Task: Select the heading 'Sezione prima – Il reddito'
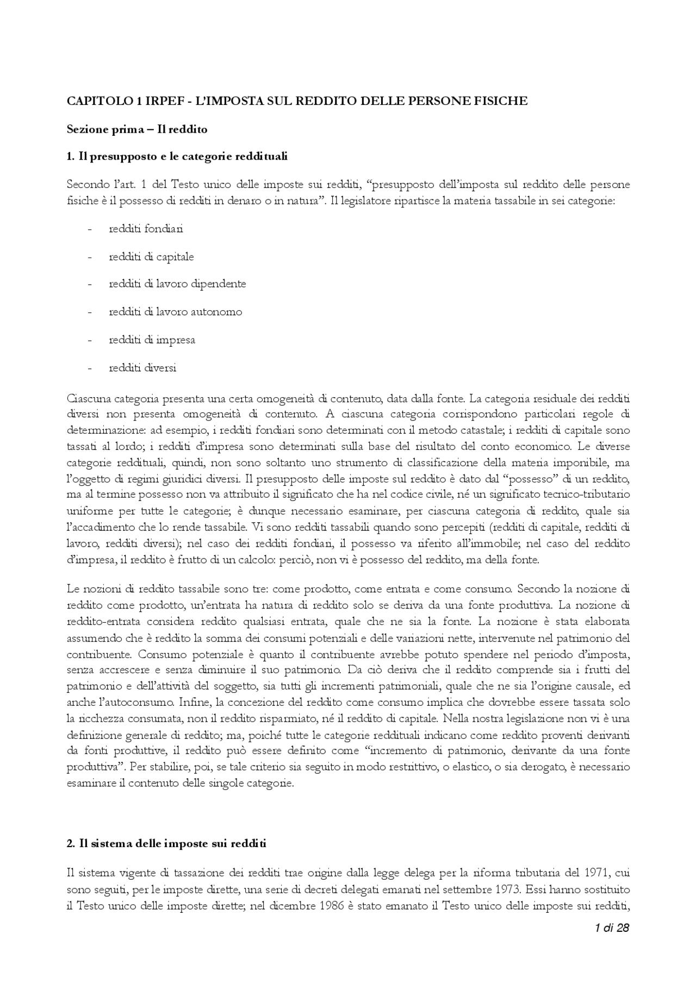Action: pos(137,129)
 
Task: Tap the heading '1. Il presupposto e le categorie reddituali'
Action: pos(177,157)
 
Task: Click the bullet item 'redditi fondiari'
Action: pos(146,229)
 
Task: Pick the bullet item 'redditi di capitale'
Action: pos(151,256)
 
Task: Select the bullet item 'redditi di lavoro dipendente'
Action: pos(177,284)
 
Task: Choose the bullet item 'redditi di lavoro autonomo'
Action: pos(176,312)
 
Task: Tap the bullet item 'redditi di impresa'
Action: pos(152,340)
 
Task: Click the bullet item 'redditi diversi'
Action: pos(142,368)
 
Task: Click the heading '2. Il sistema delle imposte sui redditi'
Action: pos(166,844)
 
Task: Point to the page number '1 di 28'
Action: pos(612,928)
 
